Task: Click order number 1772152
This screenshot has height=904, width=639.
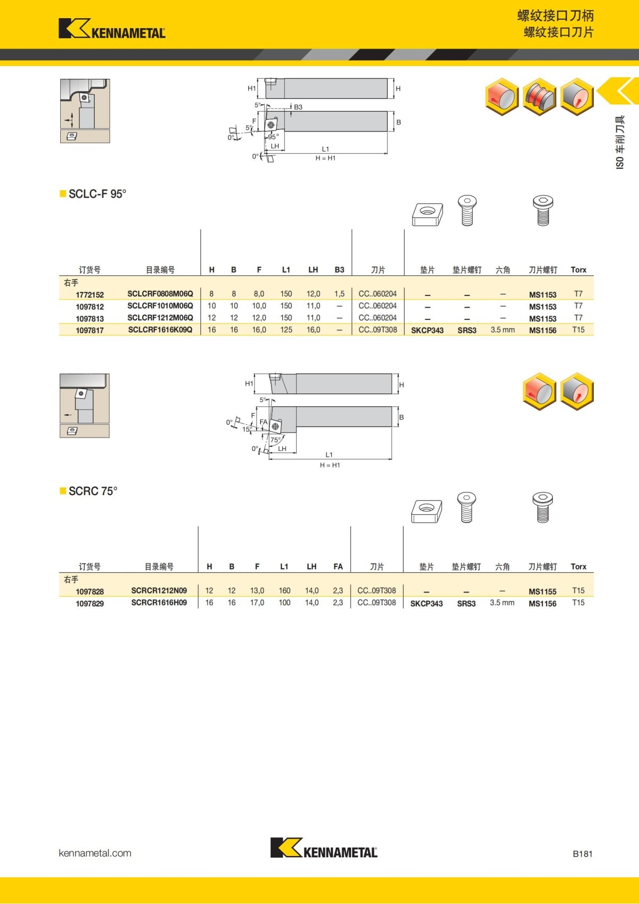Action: click(89, 294)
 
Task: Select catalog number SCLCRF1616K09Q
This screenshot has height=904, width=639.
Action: click(160, 330)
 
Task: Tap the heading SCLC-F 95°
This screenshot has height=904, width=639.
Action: click(97, 194)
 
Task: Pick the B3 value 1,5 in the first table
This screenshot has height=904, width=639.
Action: click(339, 294)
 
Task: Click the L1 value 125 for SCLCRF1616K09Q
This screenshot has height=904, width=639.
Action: click(286, 330)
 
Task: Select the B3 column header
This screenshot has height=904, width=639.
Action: click(339, 270)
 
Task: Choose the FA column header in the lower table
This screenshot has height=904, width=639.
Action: click(338, 566)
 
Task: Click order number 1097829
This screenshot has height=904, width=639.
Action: click(89, 604)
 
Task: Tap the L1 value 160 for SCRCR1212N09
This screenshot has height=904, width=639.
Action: click(284, 591)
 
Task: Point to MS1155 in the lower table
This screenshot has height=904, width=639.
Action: click(542, 591)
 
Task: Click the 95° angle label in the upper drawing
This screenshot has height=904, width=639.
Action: click(273, 137)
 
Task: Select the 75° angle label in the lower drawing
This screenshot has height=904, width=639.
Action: click(275, 440)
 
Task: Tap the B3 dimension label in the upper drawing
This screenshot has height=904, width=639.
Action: click(298, 107)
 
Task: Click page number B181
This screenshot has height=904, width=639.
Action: click(582, 854)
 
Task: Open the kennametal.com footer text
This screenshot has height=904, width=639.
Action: click(95, 853)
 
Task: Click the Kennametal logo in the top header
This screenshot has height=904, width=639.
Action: click(112, 29)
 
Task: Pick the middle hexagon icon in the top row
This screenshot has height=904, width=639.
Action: click(539, 97)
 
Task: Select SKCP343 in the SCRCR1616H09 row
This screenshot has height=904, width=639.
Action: click(426, 604)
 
